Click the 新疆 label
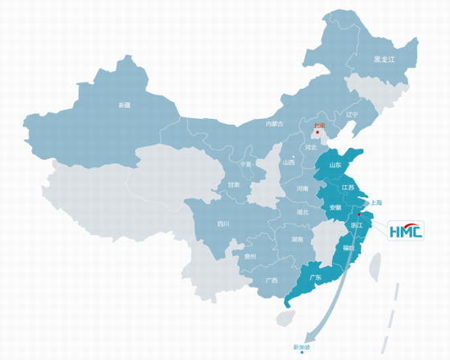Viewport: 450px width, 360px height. [124, 105]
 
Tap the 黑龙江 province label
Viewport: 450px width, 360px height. [385, 60]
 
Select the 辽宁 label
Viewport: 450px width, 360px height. [350, 114]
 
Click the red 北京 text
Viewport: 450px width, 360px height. [320, 125]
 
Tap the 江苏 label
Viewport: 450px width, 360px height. [348, 187]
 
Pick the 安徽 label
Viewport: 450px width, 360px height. [335, 207]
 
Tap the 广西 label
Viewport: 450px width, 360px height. [271, 280]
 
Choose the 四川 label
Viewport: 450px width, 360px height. [223, 224]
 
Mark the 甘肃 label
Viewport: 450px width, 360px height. [233, 185]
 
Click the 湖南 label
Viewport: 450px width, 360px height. [297, 239]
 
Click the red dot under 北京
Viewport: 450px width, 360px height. [317, 133]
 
